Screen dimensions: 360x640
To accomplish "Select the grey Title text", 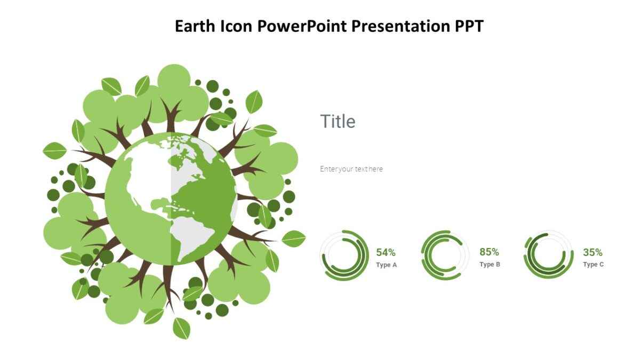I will (x=338, y=122).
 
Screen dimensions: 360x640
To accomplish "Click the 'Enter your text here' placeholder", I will (x=351, y=169).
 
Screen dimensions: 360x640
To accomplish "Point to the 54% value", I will (x=386, y=252).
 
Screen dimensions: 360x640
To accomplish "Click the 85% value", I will (x=489, y=252).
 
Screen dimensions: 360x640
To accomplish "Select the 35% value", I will (x=593, y=252).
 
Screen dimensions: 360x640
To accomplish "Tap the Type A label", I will (x=386, y=265).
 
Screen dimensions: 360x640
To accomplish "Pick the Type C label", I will (x=593, y=265).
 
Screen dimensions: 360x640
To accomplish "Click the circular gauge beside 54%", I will (x=345, y=255).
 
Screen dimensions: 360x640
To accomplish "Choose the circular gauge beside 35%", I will (x=548, y=255).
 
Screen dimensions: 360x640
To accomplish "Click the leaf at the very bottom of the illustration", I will (x=181, y=328).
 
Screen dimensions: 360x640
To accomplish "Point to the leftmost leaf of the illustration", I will (x=54, y=151).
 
